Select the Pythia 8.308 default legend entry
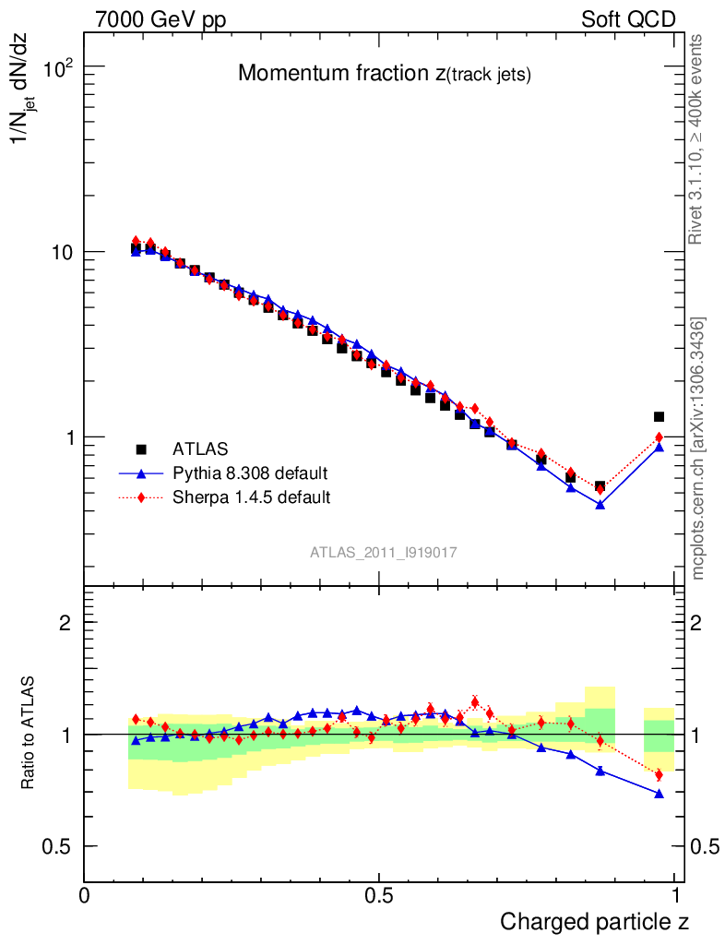(249, 473)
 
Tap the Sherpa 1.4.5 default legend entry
(252, 497)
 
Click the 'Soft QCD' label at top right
(628, 20)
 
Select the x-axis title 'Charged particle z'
(594, 921)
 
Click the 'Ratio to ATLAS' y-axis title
(29, 734)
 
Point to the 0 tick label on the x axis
(85, 896)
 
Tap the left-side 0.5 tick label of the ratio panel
(57, 846)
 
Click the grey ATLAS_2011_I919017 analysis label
(384, 552)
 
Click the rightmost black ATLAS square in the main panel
(659, 417)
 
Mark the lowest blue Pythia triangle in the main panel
(600, 505)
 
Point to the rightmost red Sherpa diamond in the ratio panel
(659, 774)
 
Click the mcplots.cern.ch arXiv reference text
(698, 448)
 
